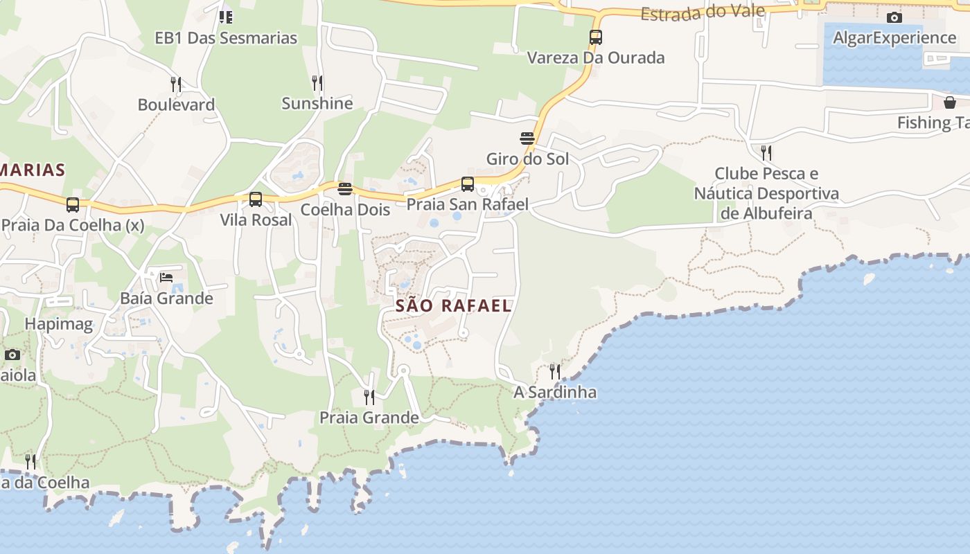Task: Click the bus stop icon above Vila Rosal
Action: pyautogui.click(x=256, y=199)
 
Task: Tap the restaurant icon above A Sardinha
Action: pyautogui.click(x=555, y=372)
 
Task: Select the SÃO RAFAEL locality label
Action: pyautogui.click(x=453, y=305)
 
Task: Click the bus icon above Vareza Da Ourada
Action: pyautogui.click(x=596, y=37)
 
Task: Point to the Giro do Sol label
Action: pyautogui.click(x=527, y=159)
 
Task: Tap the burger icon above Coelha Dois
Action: pyautogui.click(x=345, y=189)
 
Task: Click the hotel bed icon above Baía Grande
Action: pyautogui.click(x=166, y=278)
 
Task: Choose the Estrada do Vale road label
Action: pyautogui.click(x=703, y=12)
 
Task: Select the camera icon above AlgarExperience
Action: pyautogui.click(x=894, y=17)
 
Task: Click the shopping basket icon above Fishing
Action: pyautogui.click(x=950, y=102)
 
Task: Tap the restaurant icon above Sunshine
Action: pyautogui.click(x=317, y=83)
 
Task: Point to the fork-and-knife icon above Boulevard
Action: pyautogui.click(x=176, y=84)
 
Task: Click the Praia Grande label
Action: pyautogui.click(x=369, y=418)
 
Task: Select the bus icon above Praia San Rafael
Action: pyautogui.click(x=468, y=184)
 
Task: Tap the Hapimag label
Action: pyautogui.click(x=58, y=324)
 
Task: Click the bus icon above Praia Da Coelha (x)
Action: pyautogui.click(x=73, y=205)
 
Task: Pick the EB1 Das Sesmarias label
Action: pyautogui.click(x=226, y=38)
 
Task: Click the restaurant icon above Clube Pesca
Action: pyautogui.click(x=766, y=152)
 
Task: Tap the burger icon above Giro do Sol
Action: pyautogui.click(x=527, y=138)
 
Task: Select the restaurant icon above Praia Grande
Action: pyautogui.click(x=369, y=397)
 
